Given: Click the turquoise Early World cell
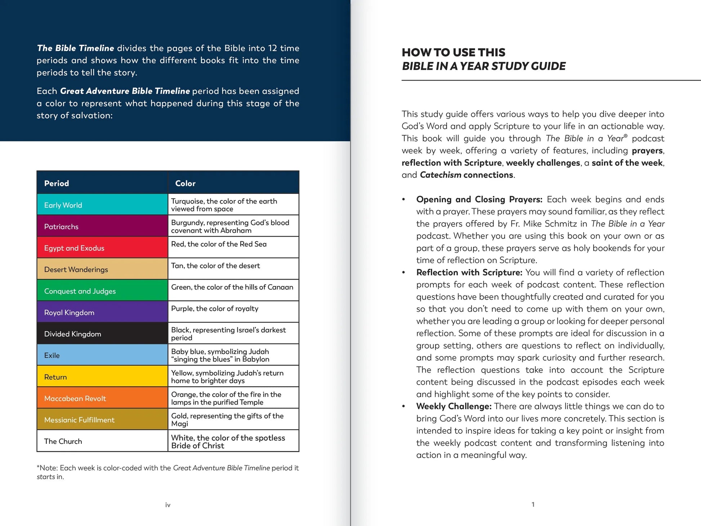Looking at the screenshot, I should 102,205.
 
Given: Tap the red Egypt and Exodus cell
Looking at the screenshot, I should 102,248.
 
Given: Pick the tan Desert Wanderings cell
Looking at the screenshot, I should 102,269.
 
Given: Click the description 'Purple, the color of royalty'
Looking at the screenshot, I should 215,309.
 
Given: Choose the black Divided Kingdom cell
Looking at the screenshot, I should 102,334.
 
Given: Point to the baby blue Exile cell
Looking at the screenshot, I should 102,355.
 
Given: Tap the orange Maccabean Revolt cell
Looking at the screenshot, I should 102,398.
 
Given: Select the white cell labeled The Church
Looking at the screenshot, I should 102,441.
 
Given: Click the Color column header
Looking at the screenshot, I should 185,183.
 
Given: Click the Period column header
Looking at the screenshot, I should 57,183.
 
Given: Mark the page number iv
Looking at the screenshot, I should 168,505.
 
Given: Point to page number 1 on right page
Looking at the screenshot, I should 533,504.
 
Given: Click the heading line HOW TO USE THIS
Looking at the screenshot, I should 454,53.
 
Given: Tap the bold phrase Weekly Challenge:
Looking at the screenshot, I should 454,406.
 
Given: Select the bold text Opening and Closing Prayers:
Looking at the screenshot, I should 479,200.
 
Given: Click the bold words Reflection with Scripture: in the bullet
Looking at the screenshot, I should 469,273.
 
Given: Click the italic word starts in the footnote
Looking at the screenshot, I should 46,477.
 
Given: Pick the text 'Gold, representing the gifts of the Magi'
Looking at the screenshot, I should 227,420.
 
